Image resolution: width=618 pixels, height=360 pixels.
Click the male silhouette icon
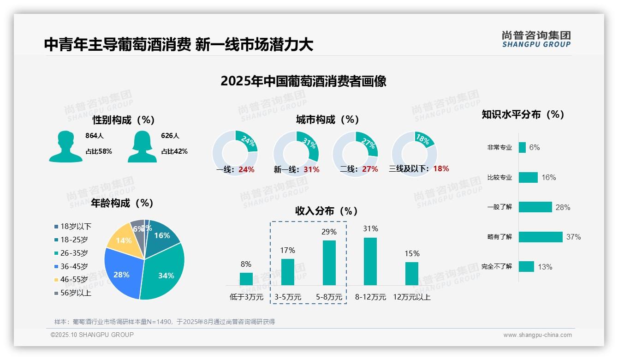(65, 146)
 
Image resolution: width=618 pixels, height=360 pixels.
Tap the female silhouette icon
(142, 146)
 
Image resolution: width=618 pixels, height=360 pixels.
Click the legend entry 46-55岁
(74, 280)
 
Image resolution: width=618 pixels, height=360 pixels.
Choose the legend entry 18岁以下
(76, 226)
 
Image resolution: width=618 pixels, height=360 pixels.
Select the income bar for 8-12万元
(370, 261)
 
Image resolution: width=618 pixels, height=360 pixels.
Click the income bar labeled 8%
(246, 279)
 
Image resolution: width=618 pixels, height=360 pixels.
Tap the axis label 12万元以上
(411, 297)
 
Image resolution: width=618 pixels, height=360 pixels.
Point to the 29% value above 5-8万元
(329, 232)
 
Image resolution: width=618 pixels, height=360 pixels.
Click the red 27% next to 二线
(370, 169)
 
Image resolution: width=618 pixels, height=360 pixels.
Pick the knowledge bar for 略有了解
(541, 237)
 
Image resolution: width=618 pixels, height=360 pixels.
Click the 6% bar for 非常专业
(522, 147)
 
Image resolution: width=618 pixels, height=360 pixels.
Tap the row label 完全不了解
(496, 267)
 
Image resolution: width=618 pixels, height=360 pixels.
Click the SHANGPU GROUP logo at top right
(536, 39)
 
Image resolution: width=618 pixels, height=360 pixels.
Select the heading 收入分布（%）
(327, 211)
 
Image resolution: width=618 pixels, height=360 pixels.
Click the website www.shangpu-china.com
(537, 335)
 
